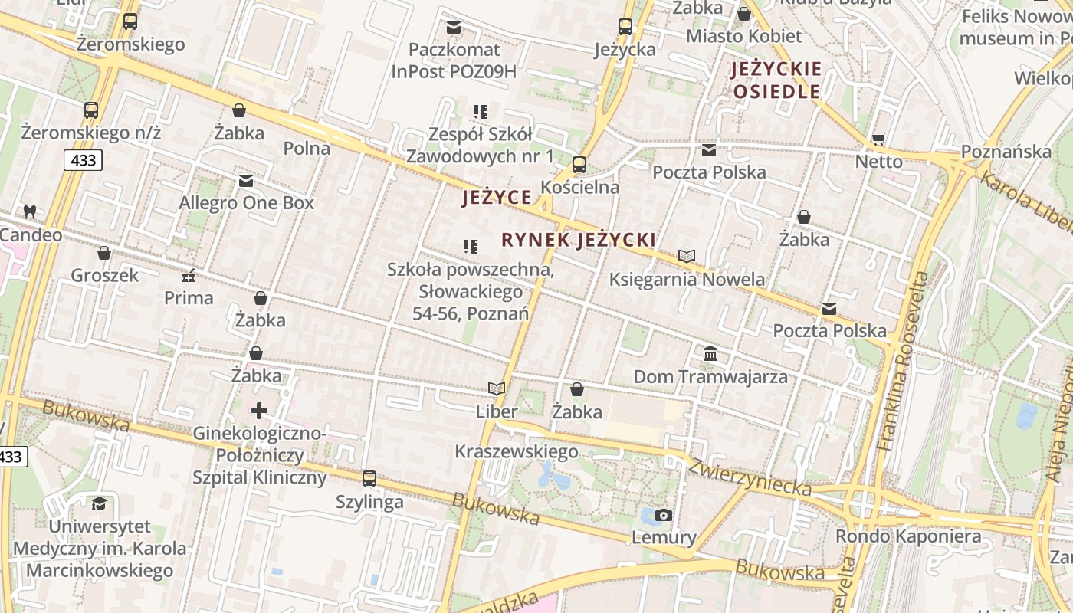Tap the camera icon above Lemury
[x=664, y=515]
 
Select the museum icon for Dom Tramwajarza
[x=710, y=355]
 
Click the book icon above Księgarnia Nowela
[x=687, y=256]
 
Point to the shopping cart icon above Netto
[x=878, y=139]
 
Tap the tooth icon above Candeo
[x=30, y=211]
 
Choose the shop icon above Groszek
[x=104, y=253]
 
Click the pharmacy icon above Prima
[x=189, y=276]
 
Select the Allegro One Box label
[x=246, y=203]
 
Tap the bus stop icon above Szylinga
[x=369, y=479]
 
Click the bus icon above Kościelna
[x=579, y=165]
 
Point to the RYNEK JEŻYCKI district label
[x=579, y=240]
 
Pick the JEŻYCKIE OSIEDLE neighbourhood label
[x=776, y=80]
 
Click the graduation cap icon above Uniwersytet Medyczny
[x=99, y=503]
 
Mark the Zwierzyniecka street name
[x=749, y=477]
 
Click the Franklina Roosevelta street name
[x=905, y=360]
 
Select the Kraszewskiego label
[x=517, y=451]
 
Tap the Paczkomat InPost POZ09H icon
[x=454, y=28]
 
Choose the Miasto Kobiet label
[x=743, y=36]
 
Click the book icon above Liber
[x=497, y=388]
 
